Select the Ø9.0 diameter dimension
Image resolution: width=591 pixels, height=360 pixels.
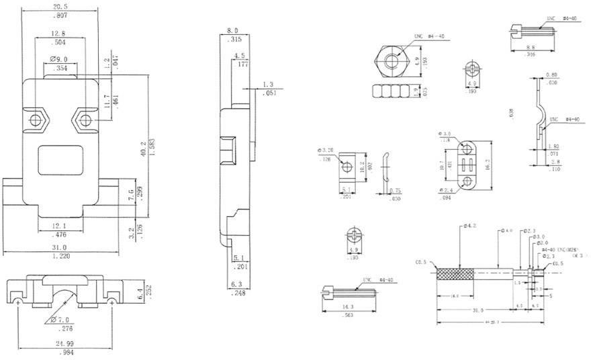point(59,60)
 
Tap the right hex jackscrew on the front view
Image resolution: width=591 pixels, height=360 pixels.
point(85,120)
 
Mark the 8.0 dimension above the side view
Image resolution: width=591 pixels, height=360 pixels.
point(232,31)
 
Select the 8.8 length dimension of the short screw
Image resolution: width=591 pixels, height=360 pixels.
point(531,48)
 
